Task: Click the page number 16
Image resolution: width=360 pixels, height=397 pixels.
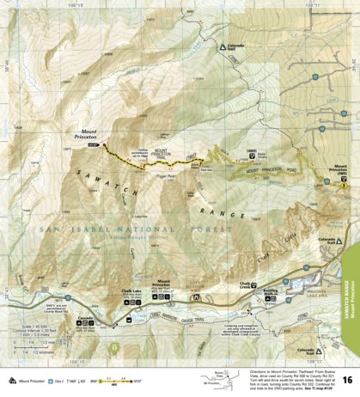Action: [345, 379]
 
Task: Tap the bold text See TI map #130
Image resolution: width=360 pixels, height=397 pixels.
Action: [315, 365]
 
